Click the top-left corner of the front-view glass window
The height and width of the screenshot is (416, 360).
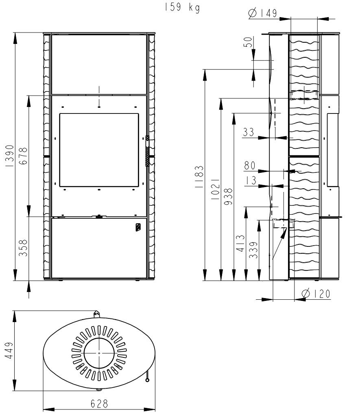click(x=60, y=114)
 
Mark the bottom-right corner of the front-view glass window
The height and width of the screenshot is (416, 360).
click(x=139, y=187)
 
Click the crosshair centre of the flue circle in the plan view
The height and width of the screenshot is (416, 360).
click(x=99, y=353)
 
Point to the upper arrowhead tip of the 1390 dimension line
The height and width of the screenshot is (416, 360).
click(x=15, y=33)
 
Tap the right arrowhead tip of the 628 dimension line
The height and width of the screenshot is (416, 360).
click(x=155, y=409)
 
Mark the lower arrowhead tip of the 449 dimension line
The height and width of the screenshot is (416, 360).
click(x=15, y=390)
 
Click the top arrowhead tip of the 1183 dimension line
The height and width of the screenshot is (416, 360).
click(x=205, y=70)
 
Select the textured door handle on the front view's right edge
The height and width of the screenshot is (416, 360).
click(x=147, y=151)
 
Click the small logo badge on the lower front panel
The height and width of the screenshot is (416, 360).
click(x=138, y=227)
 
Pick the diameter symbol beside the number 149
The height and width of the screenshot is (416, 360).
click(x=253, y=13)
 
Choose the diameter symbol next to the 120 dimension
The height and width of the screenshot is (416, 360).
click(x=306, y=294)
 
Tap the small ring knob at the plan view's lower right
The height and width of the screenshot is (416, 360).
click(x=147, y=380)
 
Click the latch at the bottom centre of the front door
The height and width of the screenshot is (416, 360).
click(x=99, y=216)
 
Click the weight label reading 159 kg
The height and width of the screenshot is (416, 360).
click(x=181, y=7)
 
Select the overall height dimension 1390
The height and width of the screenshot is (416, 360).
click(x=9, y=156)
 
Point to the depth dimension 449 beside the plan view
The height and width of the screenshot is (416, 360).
click(x=9, y=351)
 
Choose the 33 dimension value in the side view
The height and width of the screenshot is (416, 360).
click(x=249, y=132)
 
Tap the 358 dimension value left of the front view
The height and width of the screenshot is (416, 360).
click(x=23, y=248)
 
